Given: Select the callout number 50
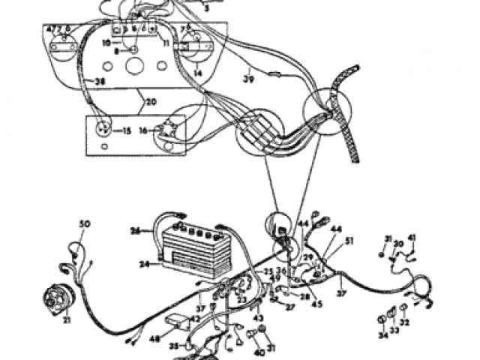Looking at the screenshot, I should (85, 223).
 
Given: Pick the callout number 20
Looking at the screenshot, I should (151, 101).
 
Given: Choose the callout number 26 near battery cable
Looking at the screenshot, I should (136, 229).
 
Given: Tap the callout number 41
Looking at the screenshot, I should (412, 238).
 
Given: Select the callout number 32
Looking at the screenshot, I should (405, 322).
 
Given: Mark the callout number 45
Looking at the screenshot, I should (317, 304).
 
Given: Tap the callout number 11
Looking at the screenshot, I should (166, 43).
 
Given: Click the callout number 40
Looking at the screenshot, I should (259, 352).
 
